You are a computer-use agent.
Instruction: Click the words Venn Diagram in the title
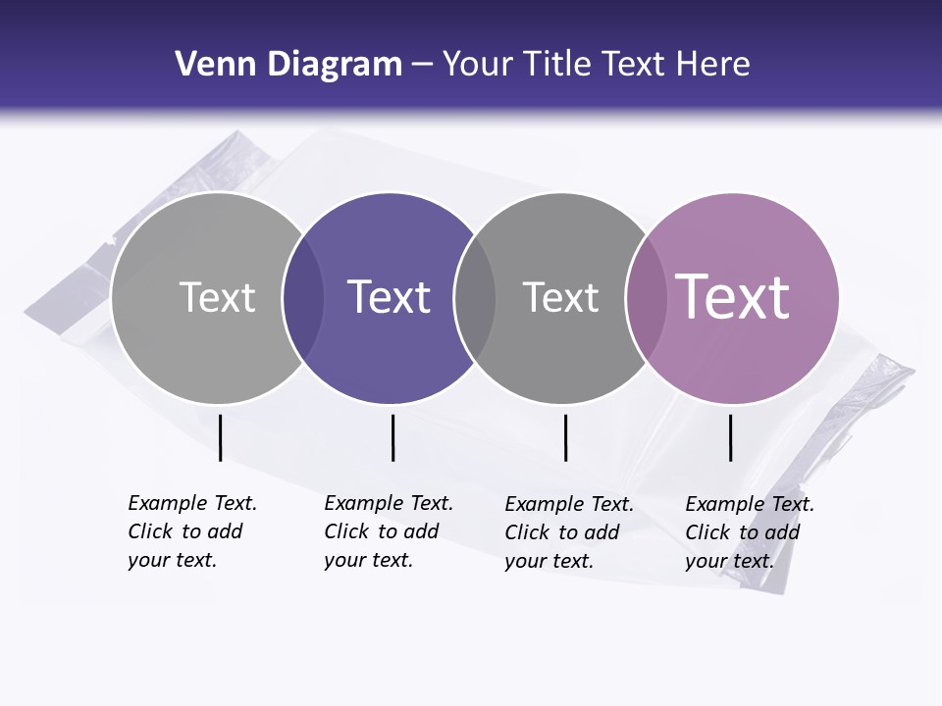click(288, 65)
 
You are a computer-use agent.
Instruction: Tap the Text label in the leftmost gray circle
click(217, 297)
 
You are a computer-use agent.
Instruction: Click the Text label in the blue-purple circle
click(389, 297)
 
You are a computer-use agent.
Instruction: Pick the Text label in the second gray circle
click(560, 297)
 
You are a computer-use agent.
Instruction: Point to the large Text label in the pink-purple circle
click(733, 297)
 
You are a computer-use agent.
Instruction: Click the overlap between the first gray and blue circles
click(303, 298)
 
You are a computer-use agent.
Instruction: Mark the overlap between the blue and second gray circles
click(475, 298)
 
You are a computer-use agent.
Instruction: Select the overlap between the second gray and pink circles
click(646, 298)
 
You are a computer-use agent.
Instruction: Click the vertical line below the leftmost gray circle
click(220, 437)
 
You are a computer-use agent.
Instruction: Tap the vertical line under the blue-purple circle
click(392, 437)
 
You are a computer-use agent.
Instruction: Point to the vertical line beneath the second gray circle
click(565, 437)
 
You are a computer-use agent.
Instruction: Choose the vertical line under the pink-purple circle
click(730, 437)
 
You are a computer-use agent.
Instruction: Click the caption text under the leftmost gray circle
click(191, 531)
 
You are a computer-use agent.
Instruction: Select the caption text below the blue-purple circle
click(388, 531)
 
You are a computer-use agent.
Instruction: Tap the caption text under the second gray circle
click(568, 532)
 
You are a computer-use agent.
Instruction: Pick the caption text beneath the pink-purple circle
click(749, 532)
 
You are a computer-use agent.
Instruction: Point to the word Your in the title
click(479, 65)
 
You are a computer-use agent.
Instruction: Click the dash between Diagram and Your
click(422, 66)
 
